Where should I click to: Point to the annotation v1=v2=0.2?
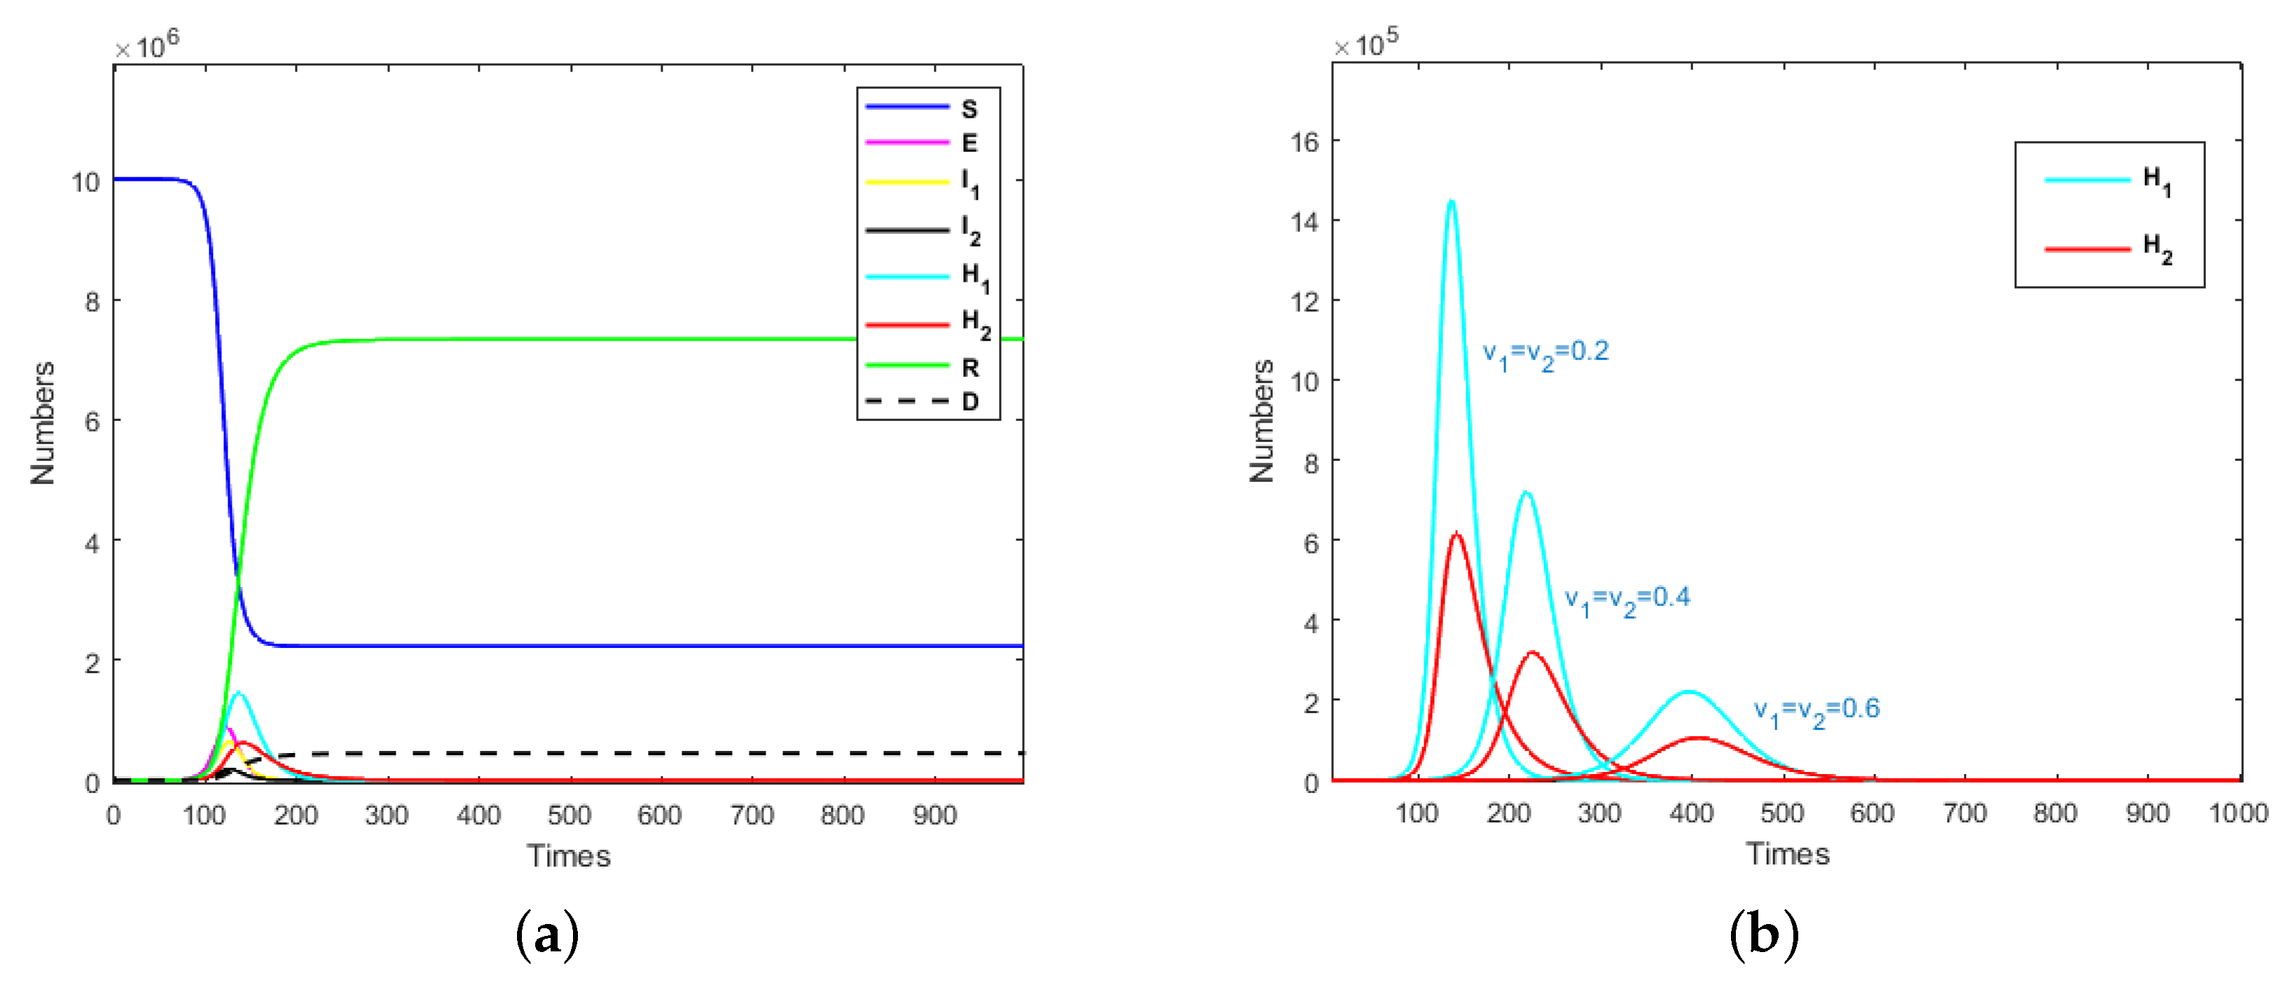click(1545, 353)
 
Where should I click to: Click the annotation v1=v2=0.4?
click(1627, 599)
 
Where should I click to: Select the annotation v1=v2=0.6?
click(1816, 710)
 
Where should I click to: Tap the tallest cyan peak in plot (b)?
click(1451, 202)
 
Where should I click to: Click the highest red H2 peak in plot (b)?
click(1456, 535)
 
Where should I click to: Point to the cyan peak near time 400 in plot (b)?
click(1688, 691)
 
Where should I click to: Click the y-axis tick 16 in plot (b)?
click(1304, 142)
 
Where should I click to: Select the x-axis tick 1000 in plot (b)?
click(2237, 813)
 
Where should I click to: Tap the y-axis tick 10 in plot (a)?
click(86, 182)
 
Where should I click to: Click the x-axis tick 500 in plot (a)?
click(569, 815)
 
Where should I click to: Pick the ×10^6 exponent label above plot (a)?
click(146, 43)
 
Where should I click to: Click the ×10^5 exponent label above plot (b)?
click(1365, 42)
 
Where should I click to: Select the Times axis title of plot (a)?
click(569, 855)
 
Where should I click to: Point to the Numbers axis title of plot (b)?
click(1262, 422)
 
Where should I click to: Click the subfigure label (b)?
click(1764, 935)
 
